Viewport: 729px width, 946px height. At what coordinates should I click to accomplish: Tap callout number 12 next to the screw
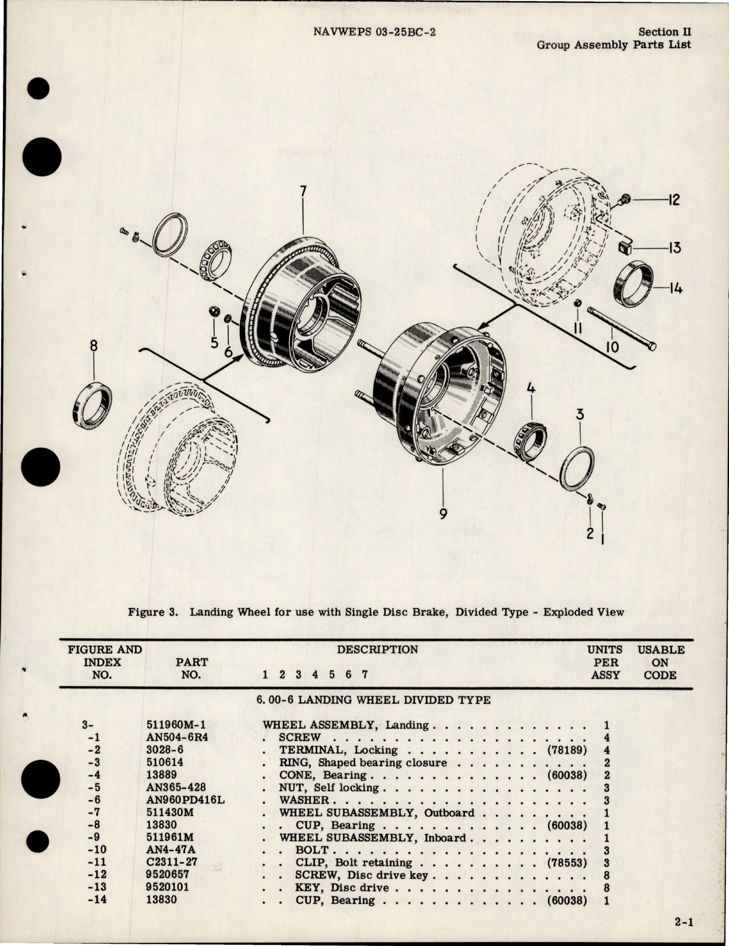tap(673, 200)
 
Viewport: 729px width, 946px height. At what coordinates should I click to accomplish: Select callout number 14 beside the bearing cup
tap(674, 289)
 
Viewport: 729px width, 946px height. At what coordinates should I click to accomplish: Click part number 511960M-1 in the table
tap(175, 725)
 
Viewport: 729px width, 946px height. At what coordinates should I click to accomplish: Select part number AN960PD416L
tap(185, 800)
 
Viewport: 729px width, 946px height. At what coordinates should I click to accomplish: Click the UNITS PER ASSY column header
tap(605, 662)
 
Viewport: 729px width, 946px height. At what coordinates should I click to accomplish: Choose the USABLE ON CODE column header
tap(660, 662)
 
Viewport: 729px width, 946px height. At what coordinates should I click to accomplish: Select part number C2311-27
tap(171, 862)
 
